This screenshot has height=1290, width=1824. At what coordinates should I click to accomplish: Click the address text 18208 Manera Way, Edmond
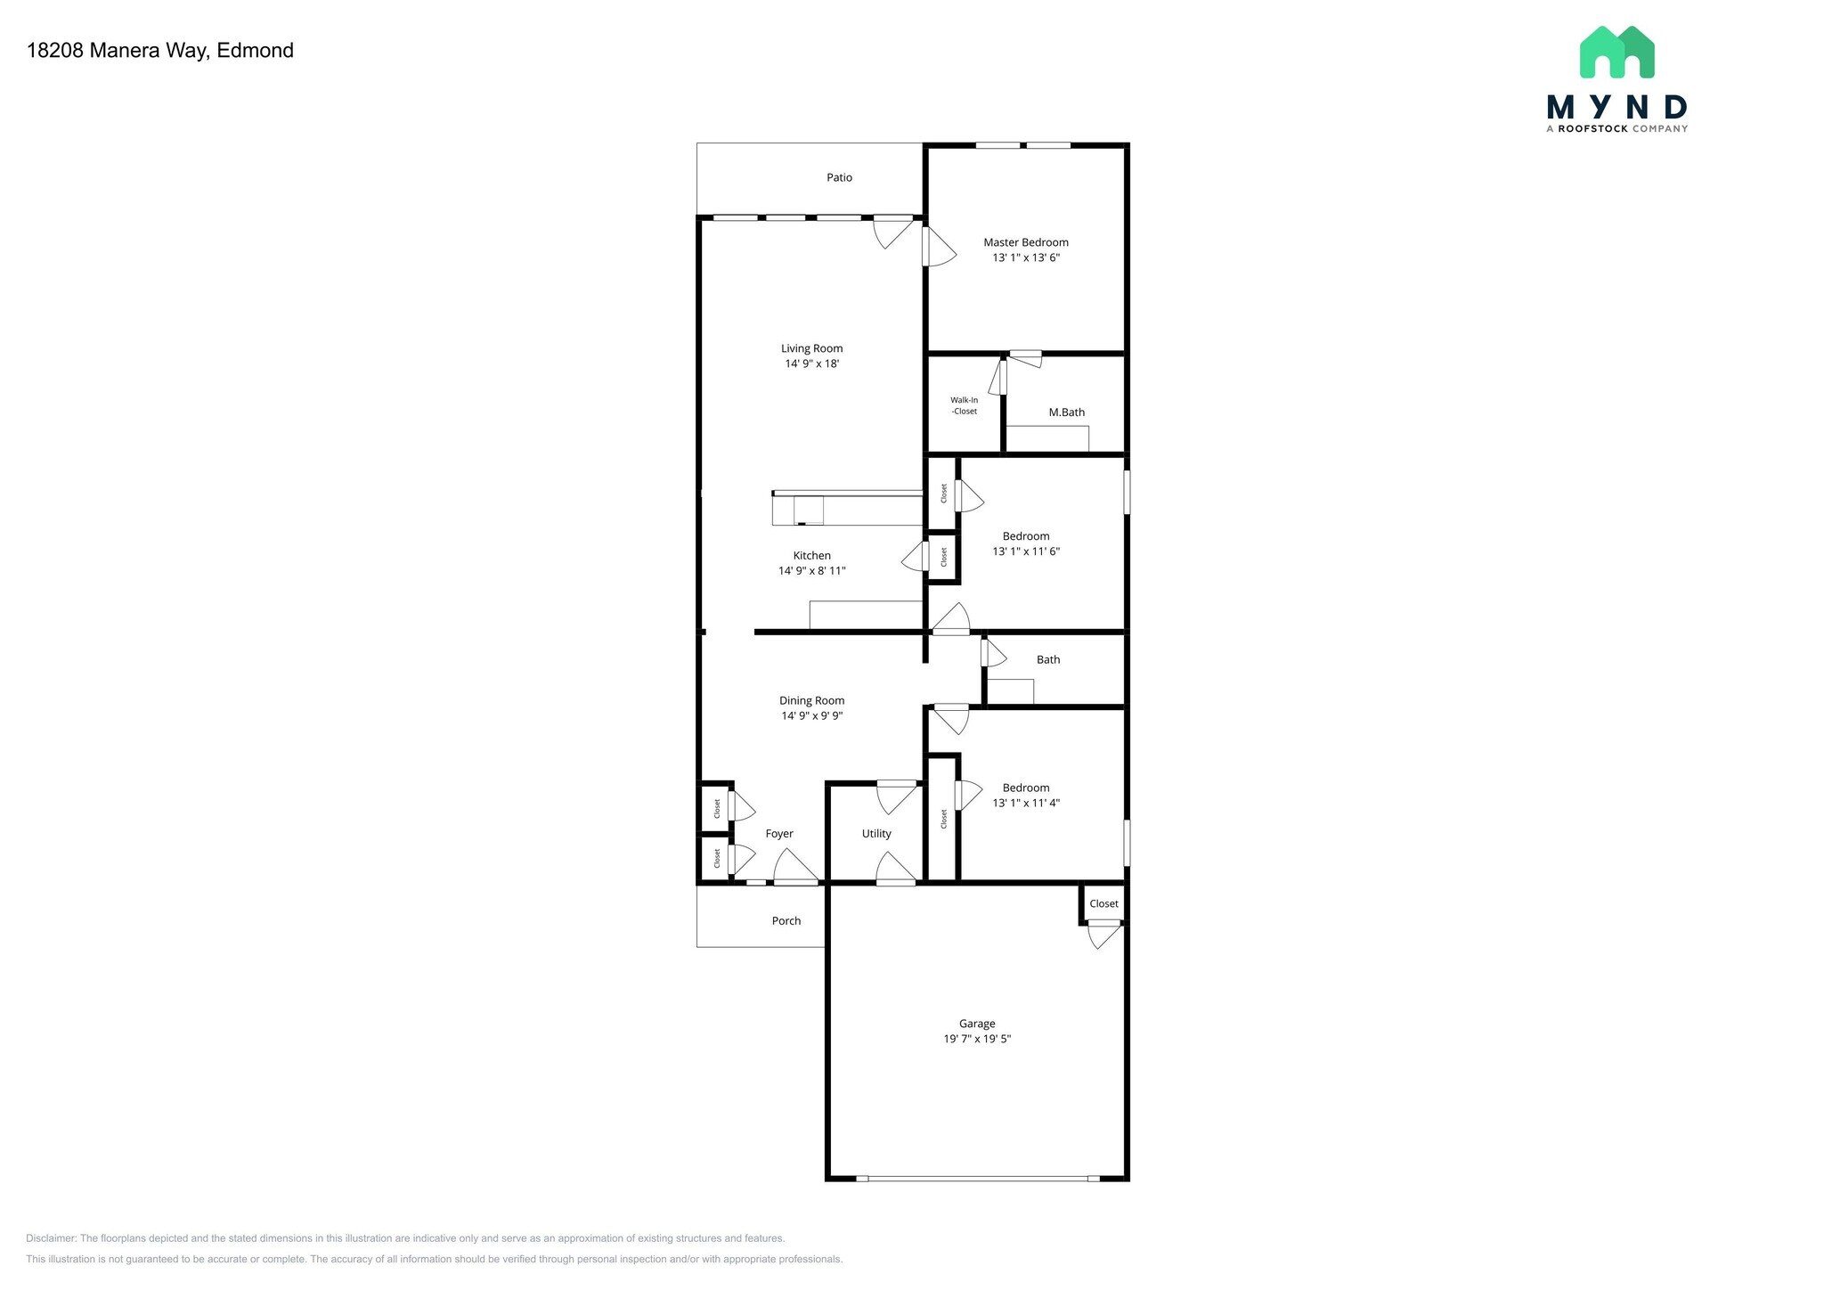(x=160, y=51)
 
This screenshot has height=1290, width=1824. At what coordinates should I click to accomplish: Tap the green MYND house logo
(x=1616, y=53)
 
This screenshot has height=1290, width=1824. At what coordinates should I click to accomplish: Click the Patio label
(x=839, y=178)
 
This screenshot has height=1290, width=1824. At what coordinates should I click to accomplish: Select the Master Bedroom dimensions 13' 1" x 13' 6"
(x=1026, y=258)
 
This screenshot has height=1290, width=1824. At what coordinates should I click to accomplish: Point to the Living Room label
(x=811, y=348)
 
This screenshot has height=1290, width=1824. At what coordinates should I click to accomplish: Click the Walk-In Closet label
(x=964, y=406)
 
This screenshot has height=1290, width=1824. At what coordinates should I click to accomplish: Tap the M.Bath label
(x=1066, y=412)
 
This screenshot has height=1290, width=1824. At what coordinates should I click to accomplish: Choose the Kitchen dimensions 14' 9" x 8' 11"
(x=811, y=571)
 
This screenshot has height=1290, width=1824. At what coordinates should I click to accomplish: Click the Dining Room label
(x=811, y=701)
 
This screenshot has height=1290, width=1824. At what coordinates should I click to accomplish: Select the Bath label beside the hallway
(x=1048, y=660)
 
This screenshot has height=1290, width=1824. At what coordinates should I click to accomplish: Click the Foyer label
(x=779, y=834)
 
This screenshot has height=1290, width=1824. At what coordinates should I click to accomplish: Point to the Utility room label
(x=876, y=834)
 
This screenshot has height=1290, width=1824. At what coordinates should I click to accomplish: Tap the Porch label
(x=786, y=921)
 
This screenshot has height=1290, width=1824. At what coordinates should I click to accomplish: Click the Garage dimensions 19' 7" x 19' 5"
(x=977, y=1040)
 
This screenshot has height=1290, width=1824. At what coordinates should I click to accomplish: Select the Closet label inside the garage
(x=1103, y=904)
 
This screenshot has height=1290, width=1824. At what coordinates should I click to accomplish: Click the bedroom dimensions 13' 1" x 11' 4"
(x=1026, y=804)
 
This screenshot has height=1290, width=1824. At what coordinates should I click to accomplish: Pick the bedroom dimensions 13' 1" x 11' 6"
(x=1026, y=551)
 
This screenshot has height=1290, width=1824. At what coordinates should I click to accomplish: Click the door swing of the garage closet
(x=1103, y=935)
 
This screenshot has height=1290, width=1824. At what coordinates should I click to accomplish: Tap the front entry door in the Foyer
(x=795, y=869)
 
